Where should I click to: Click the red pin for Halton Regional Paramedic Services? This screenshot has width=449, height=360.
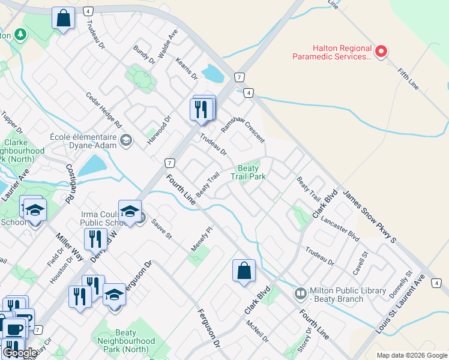[380, 50]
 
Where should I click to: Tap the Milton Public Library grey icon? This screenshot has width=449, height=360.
[300, 294]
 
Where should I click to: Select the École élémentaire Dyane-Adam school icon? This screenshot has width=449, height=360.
[126, 141]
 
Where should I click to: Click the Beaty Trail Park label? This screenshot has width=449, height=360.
[249, 172]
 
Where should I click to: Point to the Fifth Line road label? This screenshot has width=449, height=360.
[409, 79]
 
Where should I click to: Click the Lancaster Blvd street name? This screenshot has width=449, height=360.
[340, 229]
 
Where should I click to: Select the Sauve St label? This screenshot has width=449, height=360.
[161, 229]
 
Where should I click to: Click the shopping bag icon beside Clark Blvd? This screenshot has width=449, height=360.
[244, 271]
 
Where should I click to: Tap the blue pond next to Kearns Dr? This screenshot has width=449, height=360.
[212, 74]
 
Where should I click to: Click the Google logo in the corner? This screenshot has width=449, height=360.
[20, 353]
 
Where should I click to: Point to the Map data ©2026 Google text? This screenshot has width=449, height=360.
[411, 355]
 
